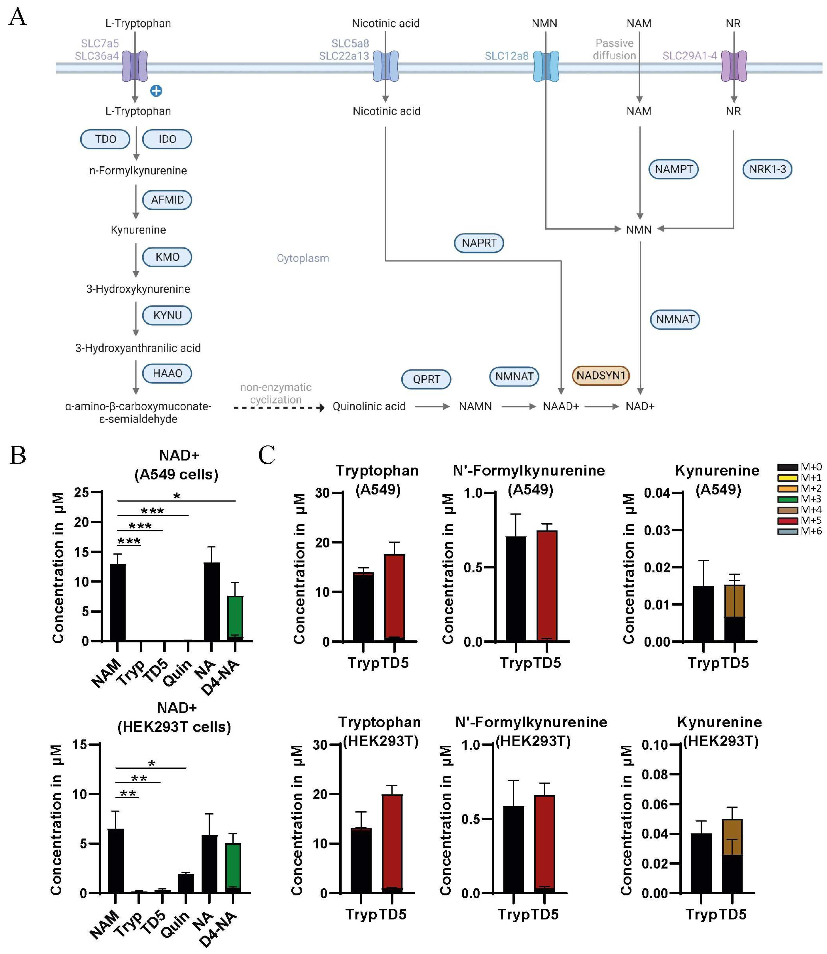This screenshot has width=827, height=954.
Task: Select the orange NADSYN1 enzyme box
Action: coord(600,376)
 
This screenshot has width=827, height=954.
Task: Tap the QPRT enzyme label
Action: coord(426,379)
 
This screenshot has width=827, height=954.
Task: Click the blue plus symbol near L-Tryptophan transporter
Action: coord(156,91)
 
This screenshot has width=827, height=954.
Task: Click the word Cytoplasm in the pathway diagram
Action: coord(303,258)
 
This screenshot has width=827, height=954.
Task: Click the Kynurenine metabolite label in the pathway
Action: coord(138,230)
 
